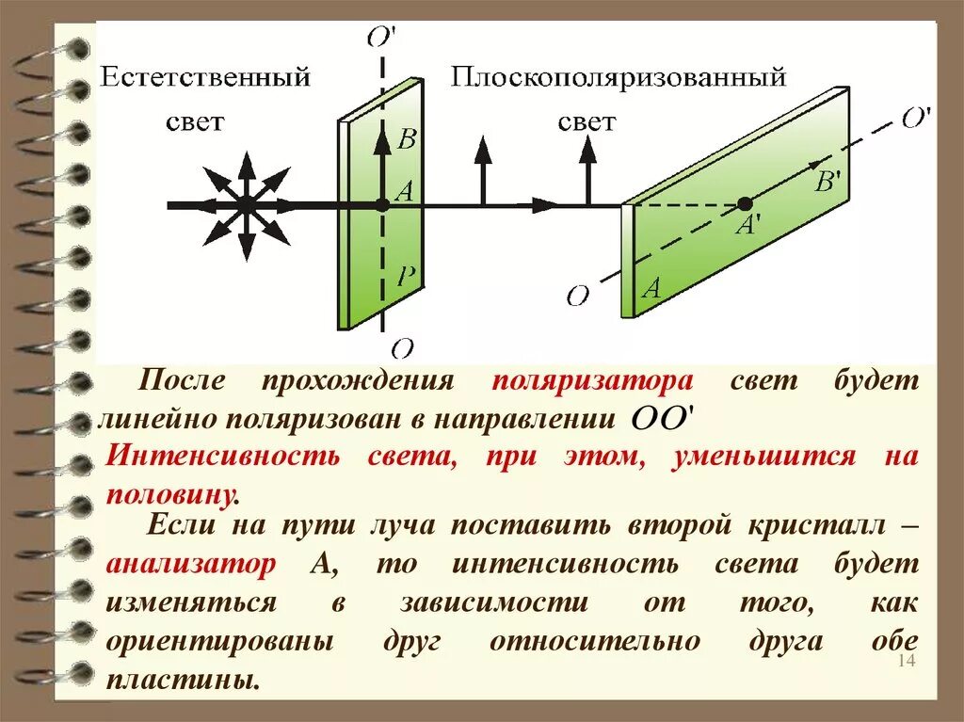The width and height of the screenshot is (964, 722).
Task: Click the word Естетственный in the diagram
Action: tap(205, 77)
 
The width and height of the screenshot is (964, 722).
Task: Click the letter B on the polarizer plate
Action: tap(407, 141)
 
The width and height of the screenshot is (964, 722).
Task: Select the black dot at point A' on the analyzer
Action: tap(745, 203)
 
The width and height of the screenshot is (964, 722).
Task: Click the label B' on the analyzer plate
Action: tap(827, 182)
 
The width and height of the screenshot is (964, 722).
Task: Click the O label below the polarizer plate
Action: tap(402, 349)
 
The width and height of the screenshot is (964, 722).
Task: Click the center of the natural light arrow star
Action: tap(245, 203)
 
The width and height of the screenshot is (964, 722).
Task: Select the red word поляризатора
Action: tap(592, 382)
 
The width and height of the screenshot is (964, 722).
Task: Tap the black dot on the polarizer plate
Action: tap(382, 203)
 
